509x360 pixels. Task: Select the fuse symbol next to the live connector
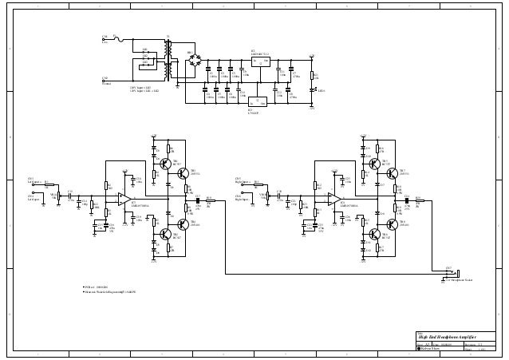click(119, 38)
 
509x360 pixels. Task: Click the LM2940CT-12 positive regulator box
click(261, 61)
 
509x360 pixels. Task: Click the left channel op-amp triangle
click(126, 200)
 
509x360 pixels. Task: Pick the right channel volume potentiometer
click(266, 196)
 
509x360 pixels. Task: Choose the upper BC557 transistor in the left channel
click(168, 164)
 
